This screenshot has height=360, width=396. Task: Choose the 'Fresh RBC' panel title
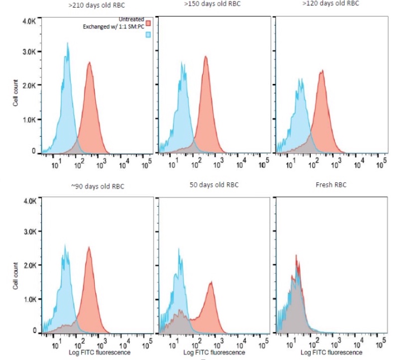point(330,185)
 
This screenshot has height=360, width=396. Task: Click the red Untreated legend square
point(148,23)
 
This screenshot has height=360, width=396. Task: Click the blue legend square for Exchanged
point(148,35)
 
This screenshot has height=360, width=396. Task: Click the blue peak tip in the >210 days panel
point(67,43)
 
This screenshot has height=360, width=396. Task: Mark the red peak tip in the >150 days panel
point(205,56)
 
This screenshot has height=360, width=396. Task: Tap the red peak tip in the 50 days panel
point(211,282)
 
